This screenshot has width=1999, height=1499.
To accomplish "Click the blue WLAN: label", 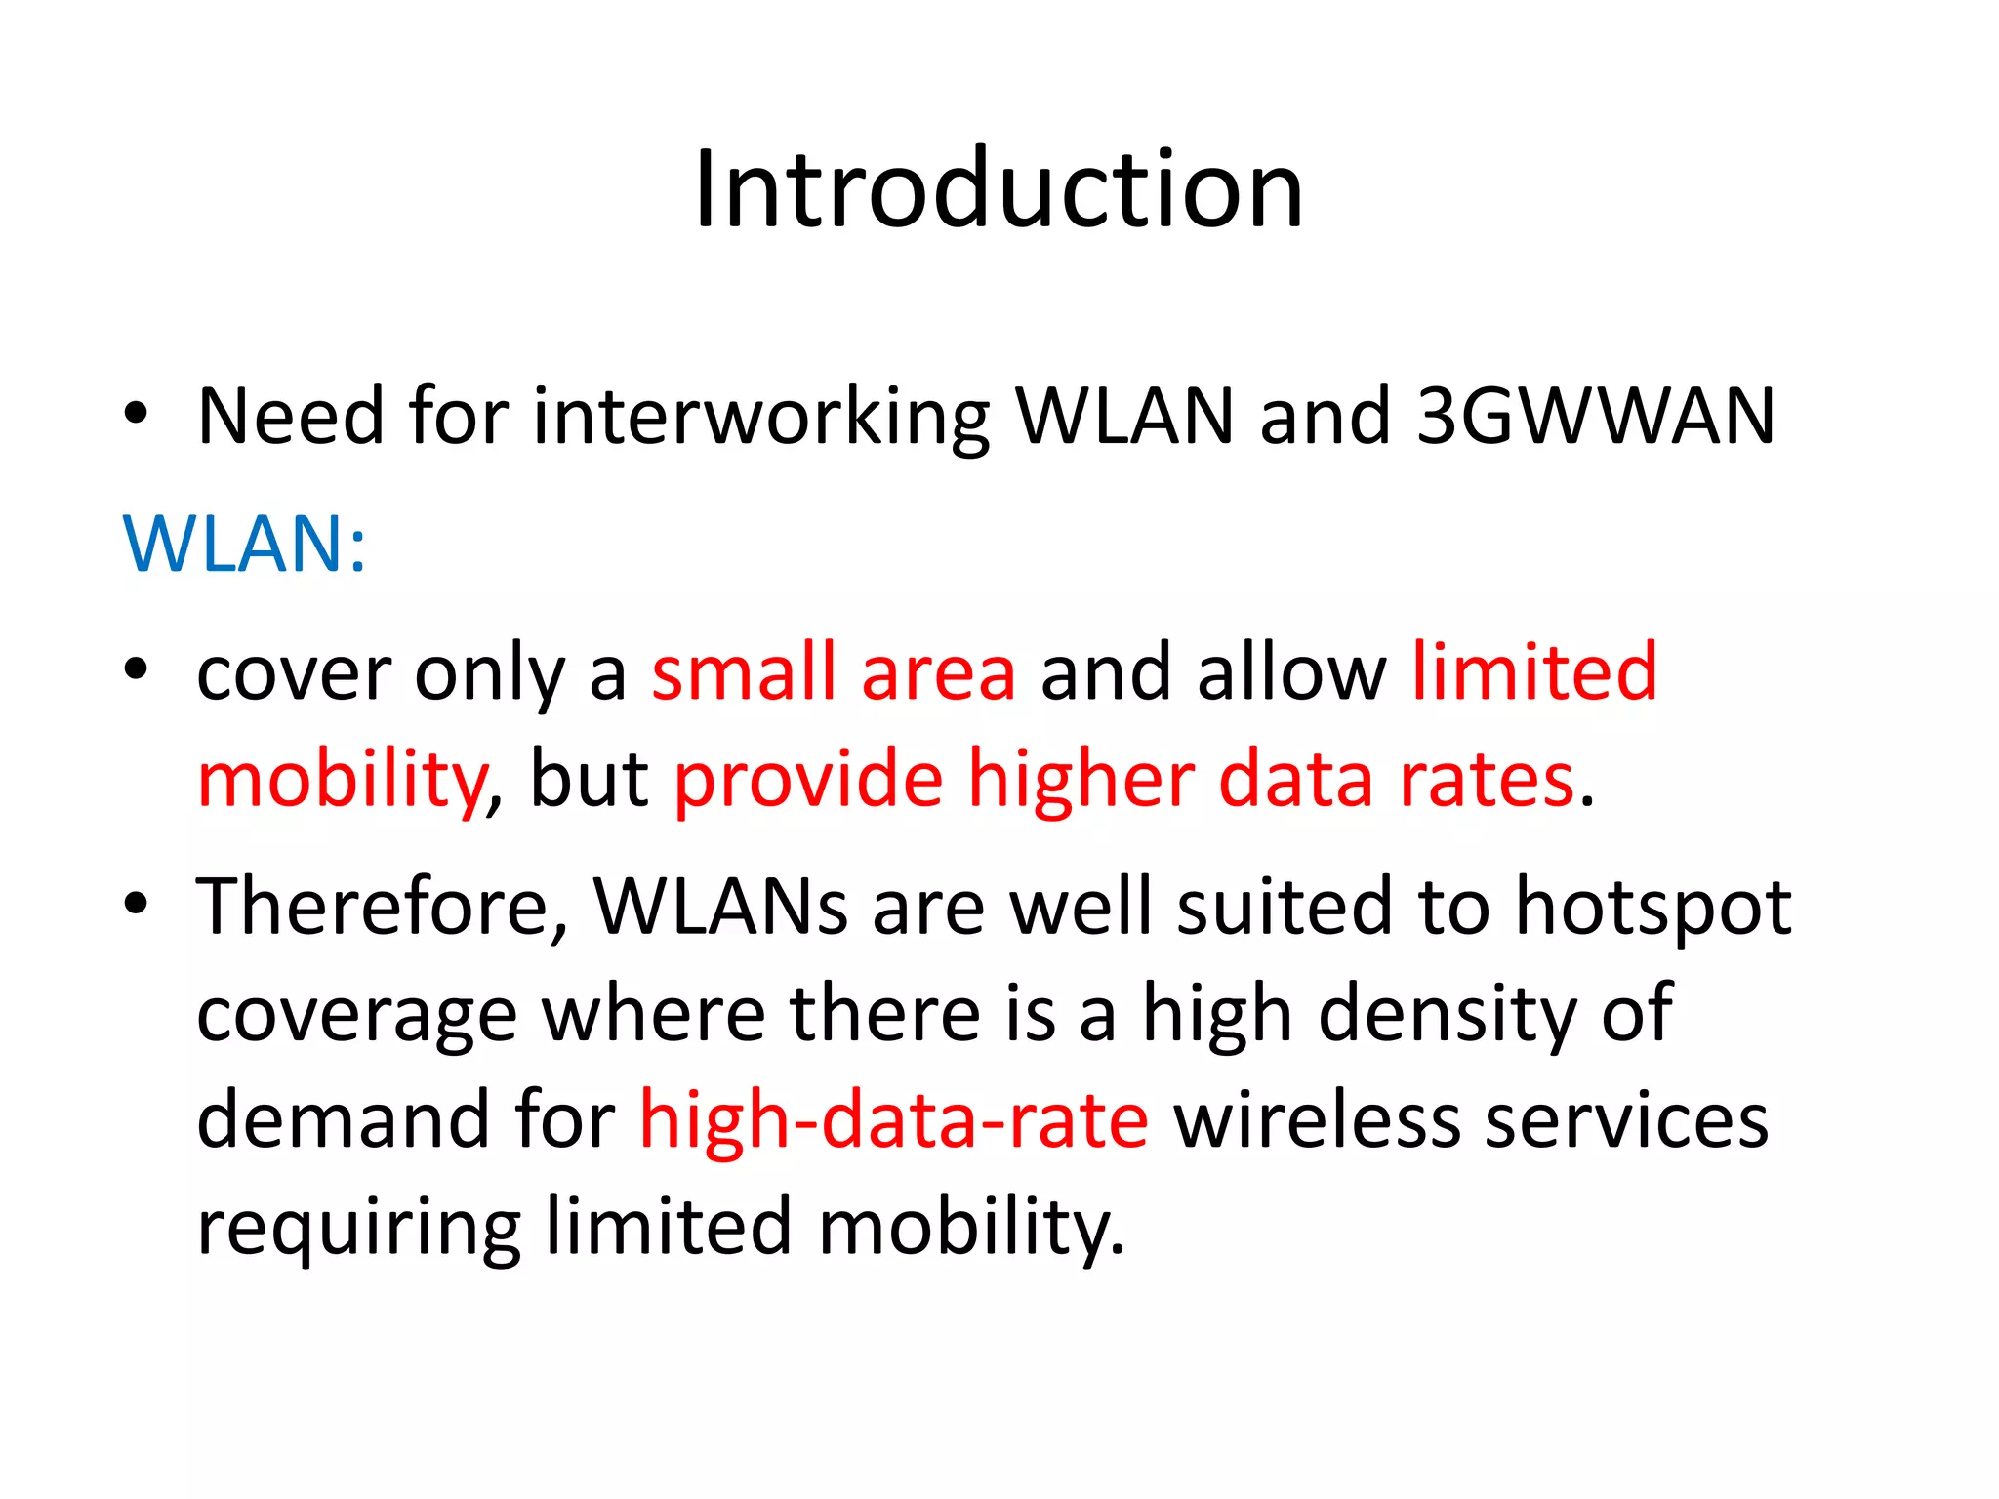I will [x=245, y=544].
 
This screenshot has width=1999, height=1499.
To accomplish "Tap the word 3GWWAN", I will [x=1595, y=417].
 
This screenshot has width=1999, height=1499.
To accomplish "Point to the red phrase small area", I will [x=834, y=672].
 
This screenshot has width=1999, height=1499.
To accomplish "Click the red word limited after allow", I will [x=1534, y=672].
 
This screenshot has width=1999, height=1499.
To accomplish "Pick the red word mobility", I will [x=342, y=781].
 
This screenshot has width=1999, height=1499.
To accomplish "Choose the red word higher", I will [x=1081, y=781].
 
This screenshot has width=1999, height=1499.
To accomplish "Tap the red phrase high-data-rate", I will [x=894, y=1119].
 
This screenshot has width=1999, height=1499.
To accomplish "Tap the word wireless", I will [x=1317, y=1119].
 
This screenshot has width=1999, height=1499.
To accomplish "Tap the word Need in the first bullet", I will [x=290, y=417].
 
